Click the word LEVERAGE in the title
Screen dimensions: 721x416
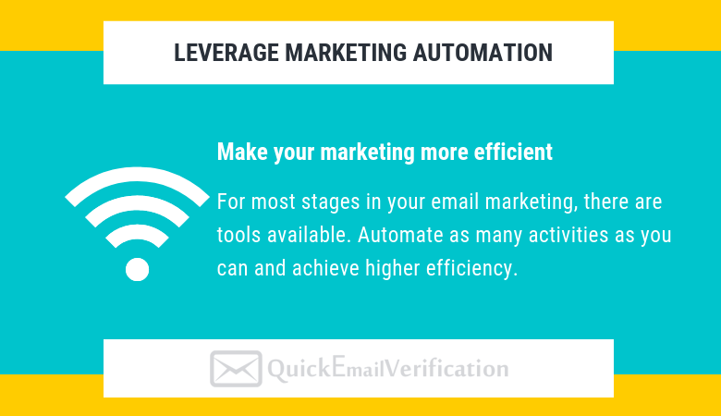(226, 53)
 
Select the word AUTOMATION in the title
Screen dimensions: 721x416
(483, 53)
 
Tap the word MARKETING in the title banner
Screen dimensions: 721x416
(346, 53)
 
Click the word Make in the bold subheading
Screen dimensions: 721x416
(242, 152)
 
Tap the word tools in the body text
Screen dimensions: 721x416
(239, 235)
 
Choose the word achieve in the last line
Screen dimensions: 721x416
(325, 268)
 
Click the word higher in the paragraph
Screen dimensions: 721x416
(393, 268)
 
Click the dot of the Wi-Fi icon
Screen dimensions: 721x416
(137, 269)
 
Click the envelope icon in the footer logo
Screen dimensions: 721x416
(236, 369)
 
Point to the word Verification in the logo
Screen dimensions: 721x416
(446, 369)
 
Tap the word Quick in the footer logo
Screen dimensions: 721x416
(299, 369)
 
